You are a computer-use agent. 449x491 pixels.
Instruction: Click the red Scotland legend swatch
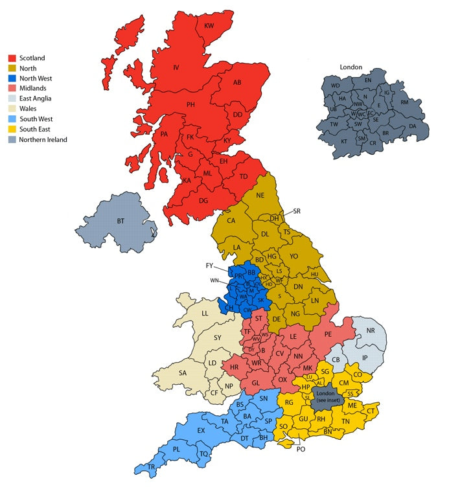pyautogui.click(x=12, y=58)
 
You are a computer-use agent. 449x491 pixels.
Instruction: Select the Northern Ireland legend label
pyautogui.click(x=43, y=139)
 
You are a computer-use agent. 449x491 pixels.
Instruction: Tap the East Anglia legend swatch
pyautogui.click(x=12, y=99)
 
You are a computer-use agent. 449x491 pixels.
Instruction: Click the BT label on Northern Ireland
pyautogui.click(x=121, y=222)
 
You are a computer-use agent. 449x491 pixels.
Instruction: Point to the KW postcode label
pyautogui.click(x=209, y=26)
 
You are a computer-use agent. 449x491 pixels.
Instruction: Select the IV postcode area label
pyautogui.click(x=175, y=67)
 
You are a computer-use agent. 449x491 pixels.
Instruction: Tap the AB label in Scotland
pyautogui.click(x=237, y=82)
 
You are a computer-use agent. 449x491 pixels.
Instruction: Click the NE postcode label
pyautogui.click(x=260, y=196)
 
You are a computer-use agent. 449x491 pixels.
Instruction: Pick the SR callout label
pyautogui.click(x=297, y=211)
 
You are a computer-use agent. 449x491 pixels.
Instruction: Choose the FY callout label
pyautogui.click(x=209, y=266)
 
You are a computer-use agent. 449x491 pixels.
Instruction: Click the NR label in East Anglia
pyautogui.click(x=371, y=330)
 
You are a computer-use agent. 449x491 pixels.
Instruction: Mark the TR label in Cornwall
pyautogui.click(x=151, y=467)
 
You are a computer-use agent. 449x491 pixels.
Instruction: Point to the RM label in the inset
pyautogui.click(x=404, y=102)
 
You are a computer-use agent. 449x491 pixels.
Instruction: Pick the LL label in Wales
pyautogui.click(x=205, y=314)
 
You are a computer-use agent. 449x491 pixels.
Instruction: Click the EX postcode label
pyautogui.click(x=201, y=431)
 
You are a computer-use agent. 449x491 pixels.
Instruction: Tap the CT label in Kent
pyautogui.click(x=371, y=411)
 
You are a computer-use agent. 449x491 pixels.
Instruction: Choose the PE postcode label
pyautogui.click(x=328, y=334)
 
